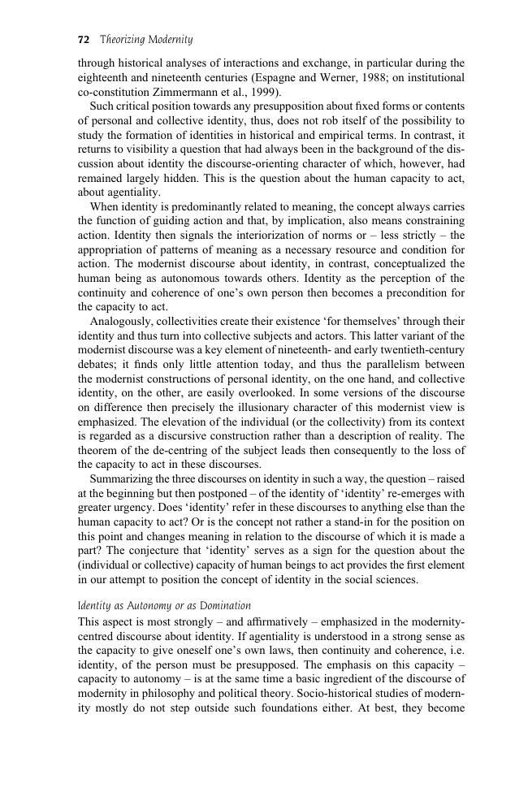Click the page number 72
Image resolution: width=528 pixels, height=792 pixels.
(x=83, y=39)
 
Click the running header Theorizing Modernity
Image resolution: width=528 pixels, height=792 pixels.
(x=145, y=39)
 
